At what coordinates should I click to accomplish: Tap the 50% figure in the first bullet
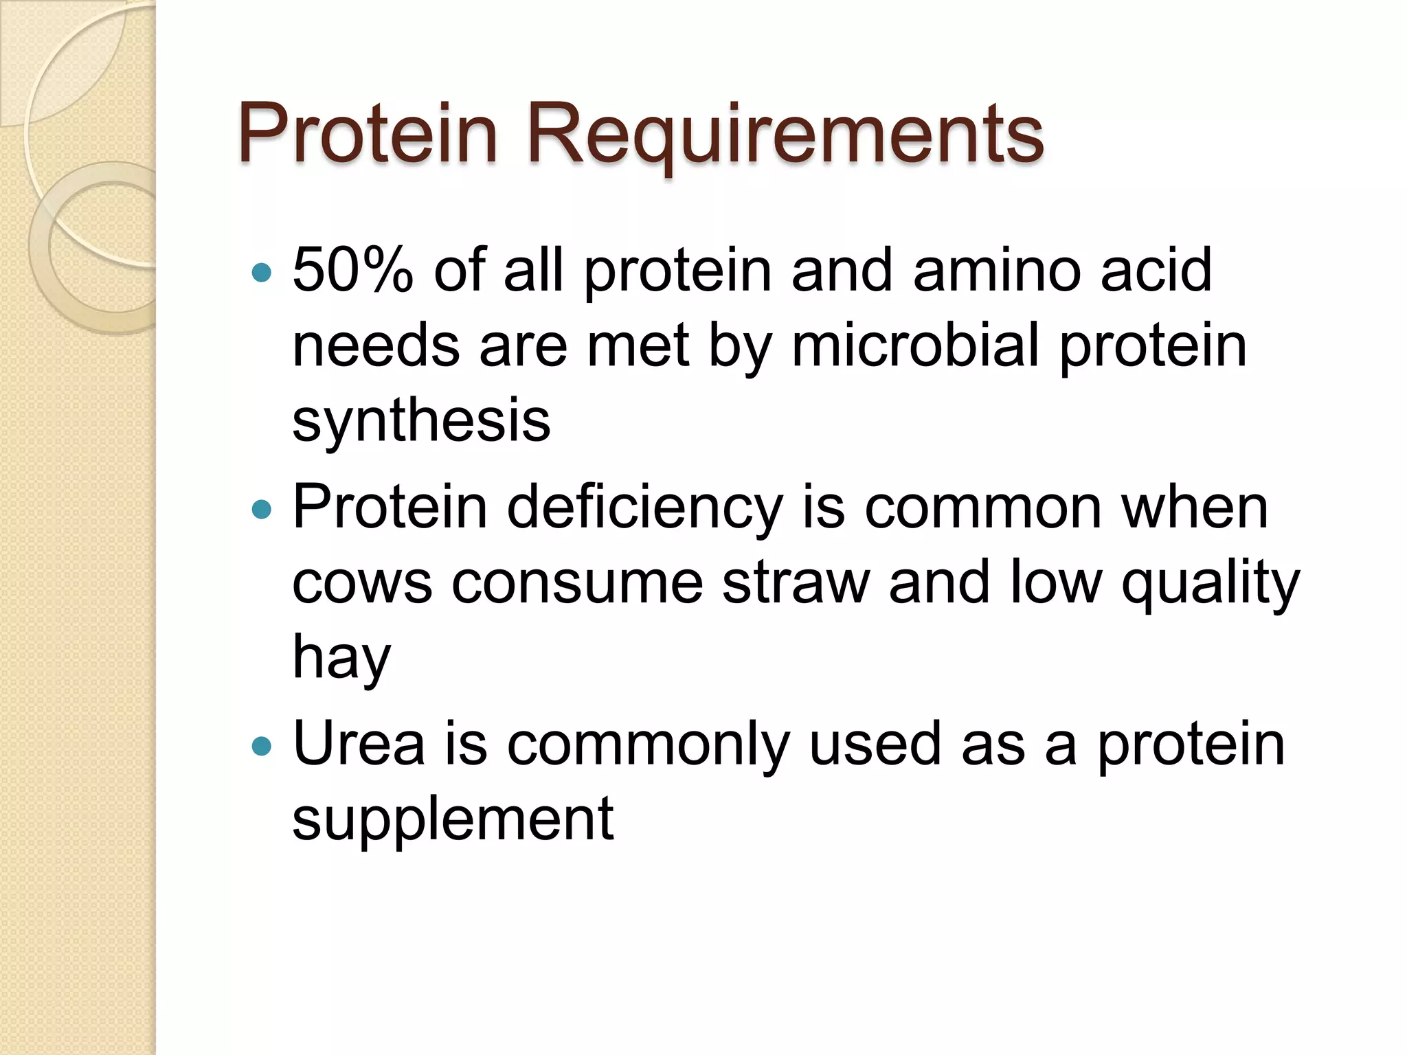352,271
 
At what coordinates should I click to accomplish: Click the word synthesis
421,421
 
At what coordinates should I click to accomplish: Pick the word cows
361,584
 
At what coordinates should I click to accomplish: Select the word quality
1211,584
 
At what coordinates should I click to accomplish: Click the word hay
341,658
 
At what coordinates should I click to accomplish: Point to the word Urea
358,745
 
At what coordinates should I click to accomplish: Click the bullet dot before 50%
262,273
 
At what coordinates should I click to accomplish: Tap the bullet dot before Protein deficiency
262,509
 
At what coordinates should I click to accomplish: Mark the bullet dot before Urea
262,746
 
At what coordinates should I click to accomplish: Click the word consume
577,584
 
